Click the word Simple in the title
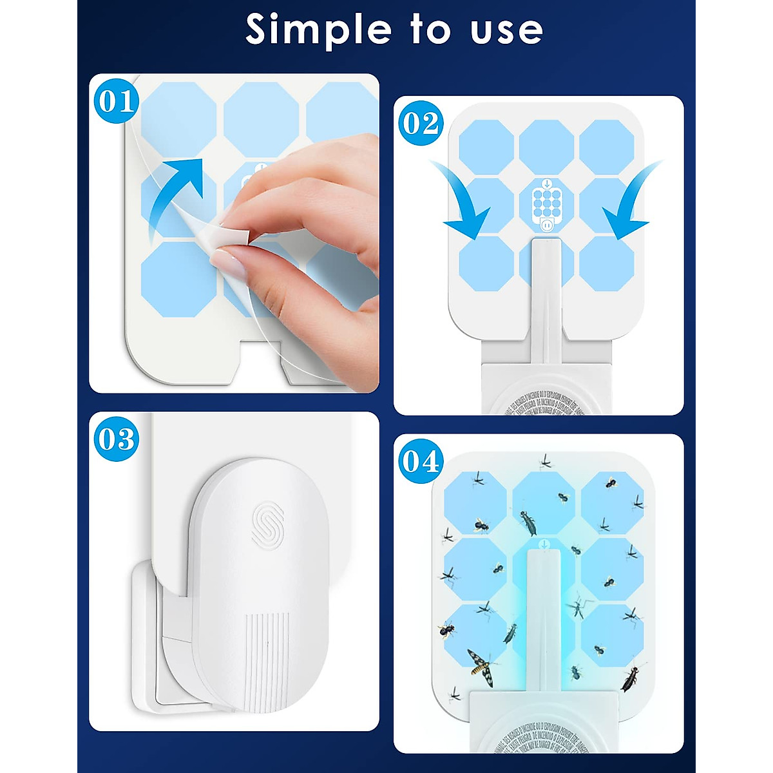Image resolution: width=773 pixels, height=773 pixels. [x=319, y=30]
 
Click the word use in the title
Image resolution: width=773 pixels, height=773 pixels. [x=506, y=31]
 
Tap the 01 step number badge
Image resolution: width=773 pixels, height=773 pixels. [x=117, y=101]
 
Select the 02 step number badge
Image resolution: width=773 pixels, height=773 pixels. [x=421, y=123]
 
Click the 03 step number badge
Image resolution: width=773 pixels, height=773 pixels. [x=117, y=439]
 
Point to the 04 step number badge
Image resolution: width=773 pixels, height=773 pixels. [x=421, y=461]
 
